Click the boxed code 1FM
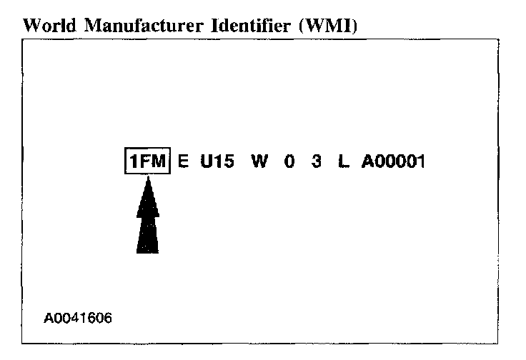(148, 162)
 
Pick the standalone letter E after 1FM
(183, 162)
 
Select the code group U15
(217, 162)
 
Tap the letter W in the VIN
(259, 162)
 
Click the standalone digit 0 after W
(289, 162)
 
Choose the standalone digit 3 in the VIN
(316, 162)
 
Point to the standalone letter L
(344, 162)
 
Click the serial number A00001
(393, 162)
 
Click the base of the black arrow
(148, 250)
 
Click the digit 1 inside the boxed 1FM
(133, 162)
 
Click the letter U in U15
(207, 162)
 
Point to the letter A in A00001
(367, 162)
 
